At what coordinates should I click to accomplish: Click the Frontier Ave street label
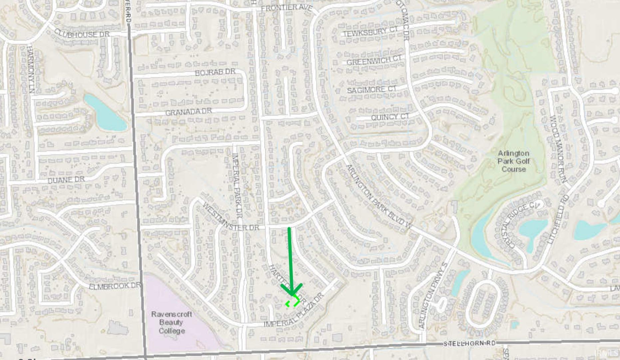286,8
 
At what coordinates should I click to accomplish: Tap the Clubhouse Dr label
82,34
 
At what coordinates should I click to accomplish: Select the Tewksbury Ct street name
370,32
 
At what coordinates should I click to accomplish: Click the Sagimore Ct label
372,90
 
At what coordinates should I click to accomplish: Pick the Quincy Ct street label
390,117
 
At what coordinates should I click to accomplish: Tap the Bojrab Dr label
215,72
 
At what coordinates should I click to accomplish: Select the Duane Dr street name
66,180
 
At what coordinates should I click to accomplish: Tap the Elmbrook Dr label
115,286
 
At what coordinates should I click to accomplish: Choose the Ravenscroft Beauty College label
171,322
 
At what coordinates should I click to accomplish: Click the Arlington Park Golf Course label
513,161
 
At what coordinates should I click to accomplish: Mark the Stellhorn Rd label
469,343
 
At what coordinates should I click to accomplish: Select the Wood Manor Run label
558,149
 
